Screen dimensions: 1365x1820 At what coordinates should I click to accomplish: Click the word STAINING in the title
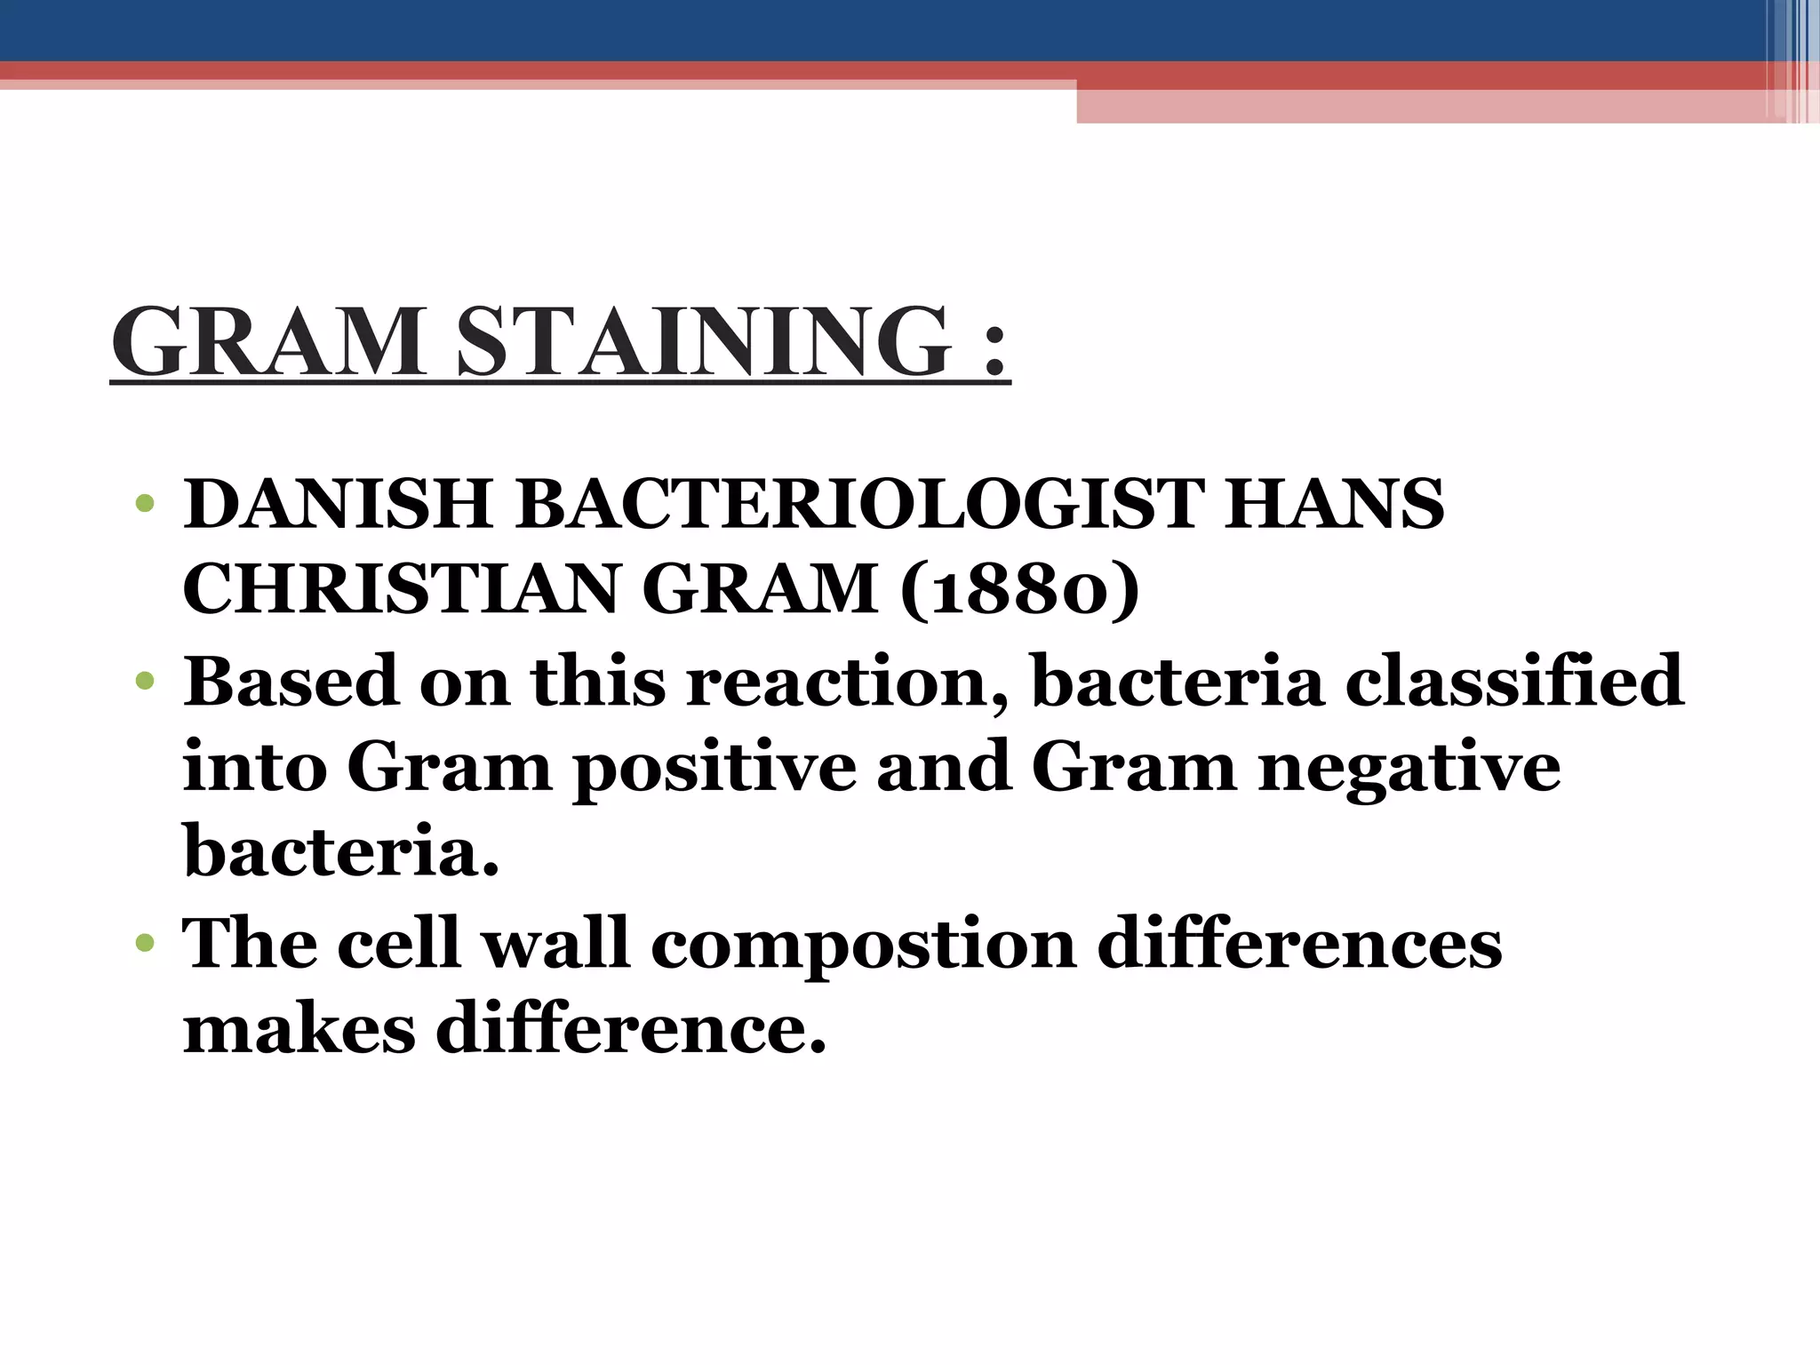pyautogui.click(x=703, y=342)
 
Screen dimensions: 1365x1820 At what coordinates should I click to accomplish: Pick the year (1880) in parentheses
pyautogui.click(x=1019, y=590)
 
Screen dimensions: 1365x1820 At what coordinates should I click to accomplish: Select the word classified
pyautogui.click(x=1513, y=681)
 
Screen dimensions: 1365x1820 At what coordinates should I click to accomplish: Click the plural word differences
pyautogui.click(x=1299, y=942)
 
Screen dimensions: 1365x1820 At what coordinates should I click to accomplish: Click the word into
pyautogui.click(x=254, y=768)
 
